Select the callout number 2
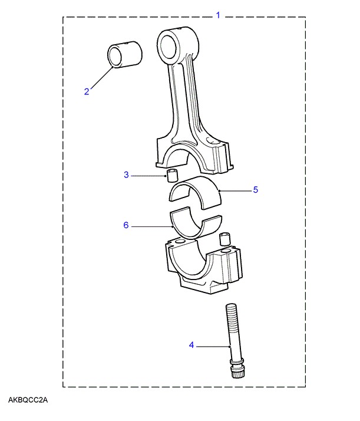coord(87,91)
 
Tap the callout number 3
coord(126,175)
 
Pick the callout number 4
coord(191,346)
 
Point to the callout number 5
coord(256,190)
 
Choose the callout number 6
coord(125,225)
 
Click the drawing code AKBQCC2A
coord(28,401)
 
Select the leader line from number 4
coord(212,346)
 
